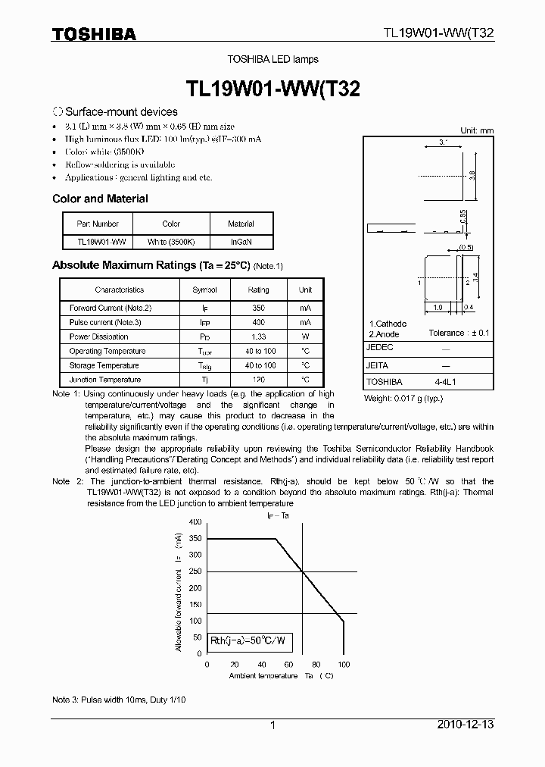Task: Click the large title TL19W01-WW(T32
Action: [x=272, y=88]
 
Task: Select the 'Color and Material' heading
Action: [x=100, y=199]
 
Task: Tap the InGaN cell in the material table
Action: [x=241, y=242]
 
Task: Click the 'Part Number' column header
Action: [x=98, y=224]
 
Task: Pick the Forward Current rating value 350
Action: [x=258, y=308]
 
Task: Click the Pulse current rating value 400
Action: [x=258, y=322]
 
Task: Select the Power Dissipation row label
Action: [x=99, y=337]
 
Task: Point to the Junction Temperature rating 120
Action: [x=258, y=380]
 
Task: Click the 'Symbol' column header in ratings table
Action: [x=204, y=290]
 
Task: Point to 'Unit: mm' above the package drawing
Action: [x=477, y=130]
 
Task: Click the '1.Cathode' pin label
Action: [x=388, y=324]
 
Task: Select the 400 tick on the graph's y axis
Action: [x=195, y=522]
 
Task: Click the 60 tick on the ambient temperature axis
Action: [x=288, y=664]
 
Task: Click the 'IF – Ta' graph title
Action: [x=278, y=515]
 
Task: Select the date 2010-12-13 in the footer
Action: [x=466, y=725]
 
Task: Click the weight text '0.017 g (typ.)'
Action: [x=403, y=398]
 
